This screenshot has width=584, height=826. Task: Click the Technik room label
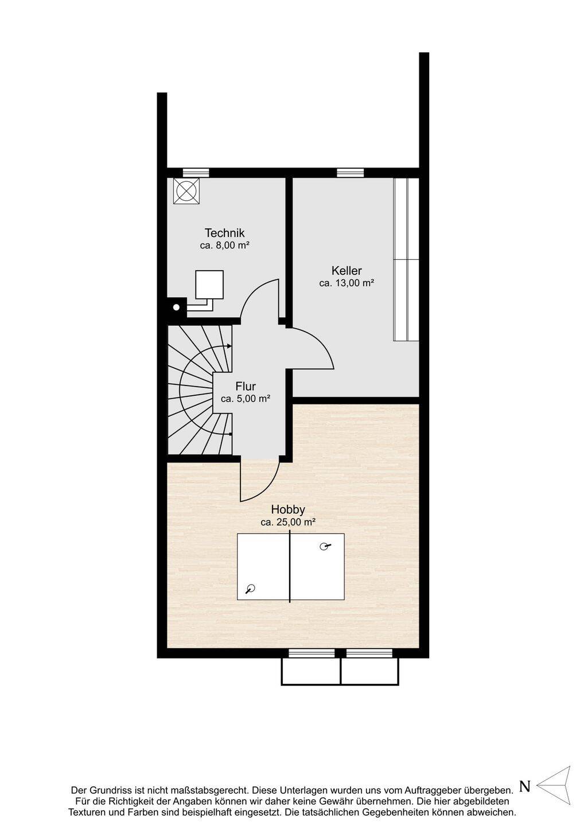pyautogui.click(x=224, y=233)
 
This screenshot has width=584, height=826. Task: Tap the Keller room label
pyautogui.click(x=346, y=271)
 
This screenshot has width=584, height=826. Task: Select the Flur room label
pyautogui.click(x=246, y=387)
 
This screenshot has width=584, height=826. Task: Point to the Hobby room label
pyautogui.click(x=288, y=509)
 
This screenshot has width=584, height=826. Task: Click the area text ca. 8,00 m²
pyautogui.click(x=225, y=246)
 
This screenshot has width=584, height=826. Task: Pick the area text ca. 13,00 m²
pyautogui.click(x=347, y=283)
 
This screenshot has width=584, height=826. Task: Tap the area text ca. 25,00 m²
pyautogui.click(x=288, y=522)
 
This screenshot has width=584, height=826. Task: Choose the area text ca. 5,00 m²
pyautogui.click(x=246, y=399)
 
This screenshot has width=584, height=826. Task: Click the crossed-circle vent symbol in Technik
pyautogui.click(x=186, y=191)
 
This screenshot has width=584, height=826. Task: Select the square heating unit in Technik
pyautogui.click(x=209, y=285)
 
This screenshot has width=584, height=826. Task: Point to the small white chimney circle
pyautogui.click(x=177, y=307)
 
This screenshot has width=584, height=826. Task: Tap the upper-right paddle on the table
pyautogui.click(x=325, y=547)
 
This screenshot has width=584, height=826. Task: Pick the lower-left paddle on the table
pyautogui.click(x=251, y=589)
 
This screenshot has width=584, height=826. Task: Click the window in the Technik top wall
pyautogui.click(x=196, y=173)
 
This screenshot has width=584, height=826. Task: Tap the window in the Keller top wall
pyautogui.click(x=351, y=173)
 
